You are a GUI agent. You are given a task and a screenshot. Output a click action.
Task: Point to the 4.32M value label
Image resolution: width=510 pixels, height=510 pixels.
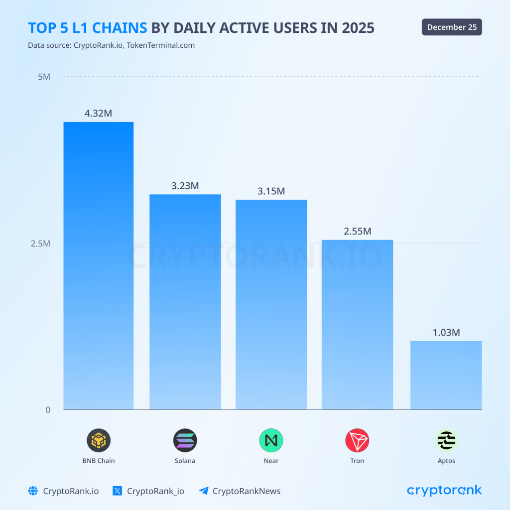(x=98, y=113)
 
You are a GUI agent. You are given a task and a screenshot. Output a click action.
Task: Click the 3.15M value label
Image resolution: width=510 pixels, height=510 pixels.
(x=271, y=191)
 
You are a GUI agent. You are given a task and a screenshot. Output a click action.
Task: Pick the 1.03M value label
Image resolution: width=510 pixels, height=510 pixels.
(x=446, y=332)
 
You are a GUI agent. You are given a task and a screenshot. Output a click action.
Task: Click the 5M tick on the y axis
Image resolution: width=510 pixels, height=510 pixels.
(x=44, y=77)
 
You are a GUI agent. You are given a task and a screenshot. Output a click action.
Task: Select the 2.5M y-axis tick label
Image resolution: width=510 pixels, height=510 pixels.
(x=40, y=244)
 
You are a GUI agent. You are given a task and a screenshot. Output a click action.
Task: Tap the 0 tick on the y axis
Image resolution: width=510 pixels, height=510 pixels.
(x=48, y=410)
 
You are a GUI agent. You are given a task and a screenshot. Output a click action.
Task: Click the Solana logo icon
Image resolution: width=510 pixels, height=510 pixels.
(x=185, y=440)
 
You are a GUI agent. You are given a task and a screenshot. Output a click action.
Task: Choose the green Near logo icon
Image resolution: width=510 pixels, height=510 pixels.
(x=271, y=440)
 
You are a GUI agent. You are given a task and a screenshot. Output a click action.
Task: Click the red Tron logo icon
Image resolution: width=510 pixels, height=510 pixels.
(x=357, y=440)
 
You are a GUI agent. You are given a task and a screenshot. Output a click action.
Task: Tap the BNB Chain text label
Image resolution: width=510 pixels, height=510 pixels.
(x=98, y=461)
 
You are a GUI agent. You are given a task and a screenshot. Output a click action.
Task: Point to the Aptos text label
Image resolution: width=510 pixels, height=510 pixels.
(x=446, y=461)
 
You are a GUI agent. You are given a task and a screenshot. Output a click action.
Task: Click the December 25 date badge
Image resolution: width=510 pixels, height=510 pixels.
(x=452, y=27)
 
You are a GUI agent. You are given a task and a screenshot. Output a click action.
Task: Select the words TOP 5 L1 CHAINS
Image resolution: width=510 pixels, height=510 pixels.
(x=88, y=28)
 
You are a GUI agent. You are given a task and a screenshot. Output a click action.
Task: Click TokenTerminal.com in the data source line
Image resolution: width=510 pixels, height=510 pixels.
(x=160, y=45)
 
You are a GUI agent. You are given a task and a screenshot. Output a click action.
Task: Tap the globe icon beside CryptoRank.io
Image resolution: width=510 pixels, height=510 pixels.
(x=33, y=491)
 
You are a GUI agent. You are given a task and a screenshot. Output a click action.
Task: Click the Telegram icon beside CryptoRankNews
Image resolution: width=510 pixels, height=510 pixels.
(x=203, y=491)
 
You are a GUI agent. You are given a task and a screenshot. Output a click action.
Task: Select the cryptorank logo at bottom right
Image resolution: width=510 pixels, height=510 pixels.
(x=444, y=491)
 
